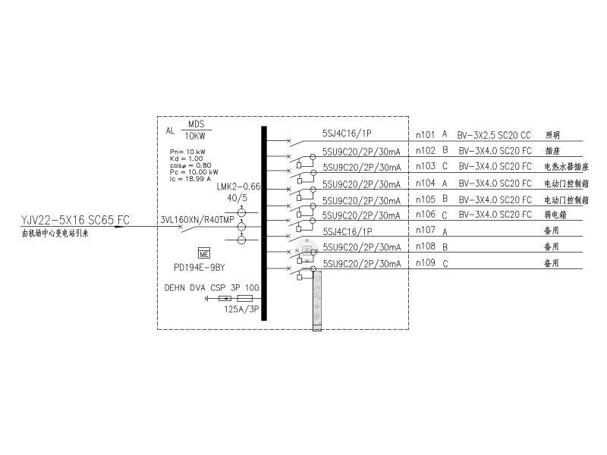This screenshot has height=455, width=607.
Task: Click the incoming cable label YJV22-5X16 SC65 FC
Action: point(75,220)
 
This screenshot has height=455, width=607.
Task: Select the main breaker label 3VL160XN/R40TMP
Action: point(191,220)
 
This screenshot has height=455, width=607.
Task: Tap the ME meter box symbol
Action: point(203,253)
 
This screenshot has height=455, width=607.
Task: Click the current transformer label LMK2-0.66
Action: point(238,186)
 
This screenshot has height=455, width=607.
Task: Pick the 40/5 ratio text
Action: point(237,199)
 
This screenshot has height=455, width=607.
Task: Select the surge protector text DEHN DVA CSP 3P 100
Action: point(212,288)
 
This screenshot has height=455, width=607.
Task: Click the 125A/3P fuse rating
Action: point(241,309)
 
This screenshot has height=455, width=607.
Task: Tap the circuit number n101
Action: point(426,135)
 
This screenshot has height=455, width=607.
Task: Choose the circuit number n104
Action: point(426,184)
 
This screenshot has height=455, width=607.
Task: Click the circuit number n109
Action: point(426,263)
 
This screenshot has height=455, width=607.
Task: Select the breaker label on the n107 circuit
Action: point(347,231)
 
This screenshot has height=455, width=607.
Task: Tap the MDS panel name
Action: point(197,124)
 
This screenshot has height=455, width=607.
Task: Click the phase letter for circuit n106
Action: point(445,215)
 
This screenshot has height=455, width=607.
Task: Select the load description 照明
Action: point(552,135)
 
